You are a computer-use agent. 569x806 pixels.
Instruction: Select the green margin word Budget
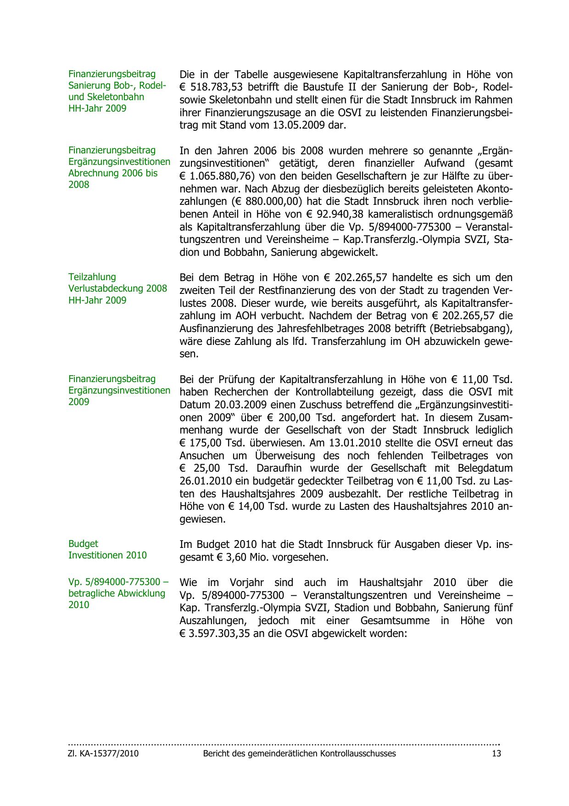83,544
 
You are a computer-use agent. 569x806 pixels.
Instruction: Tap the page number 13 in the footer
496,754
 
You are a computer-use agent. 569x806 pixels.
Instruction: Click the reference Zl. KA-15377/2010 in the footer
103,754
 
